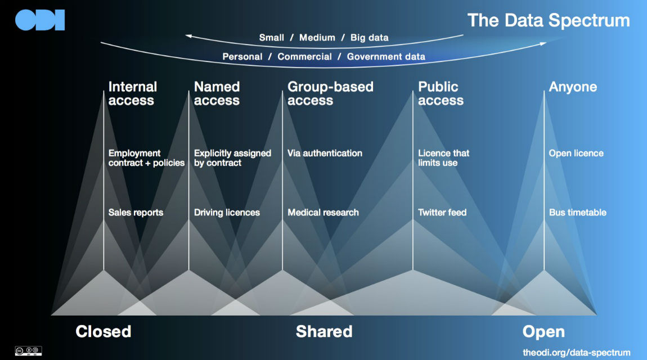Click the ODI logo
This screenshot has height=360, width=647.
click(40, 20)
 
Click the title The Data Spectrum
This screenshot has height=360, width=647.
click(549, 20)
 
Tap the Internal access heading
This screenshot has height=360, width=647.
click(132, 93)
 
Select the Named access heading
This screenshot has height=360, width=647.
click(217, 93)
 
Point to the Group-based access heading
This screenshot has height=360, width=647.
click(330, 93)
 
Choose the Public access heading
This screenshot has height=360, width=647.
click(441, 93)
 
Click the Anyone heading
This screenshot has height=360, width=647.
click(573, 87)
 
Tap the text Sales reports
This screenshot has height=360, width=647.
click(136, 213)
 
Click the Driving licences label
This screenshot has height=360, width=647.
click(227, 213)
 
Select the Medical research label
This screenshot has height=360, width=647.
click(323, 213)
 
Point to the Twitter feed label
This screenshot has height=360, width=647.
click(442, 213)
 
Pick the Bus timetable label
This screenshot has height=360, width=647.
click(577, 213)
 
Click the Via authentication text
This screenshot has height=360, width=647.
click(325, 153)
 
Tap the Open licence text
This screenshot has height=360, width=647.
click(576, 153)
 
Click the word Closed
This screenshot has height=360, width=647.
click(104, 331)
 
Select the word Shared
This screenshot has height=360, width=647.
click(324, 331)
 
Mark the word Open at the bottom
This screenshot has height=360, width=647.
click(543, 331)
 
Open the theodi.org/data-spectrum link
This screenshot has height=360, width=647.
click(577, 352)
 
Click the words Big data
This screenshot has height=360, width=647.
click(369, 38)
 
